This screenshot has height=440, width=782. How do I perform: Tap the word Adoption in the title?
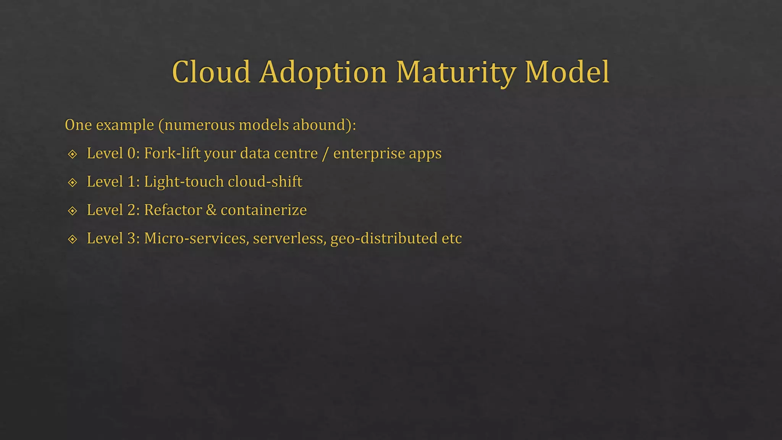pos(323,73)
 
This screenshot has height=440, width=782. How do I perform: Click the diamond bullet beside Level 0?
pos(73,154)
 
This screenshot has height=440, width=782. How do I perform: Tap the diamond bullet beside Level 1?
pos(73,183)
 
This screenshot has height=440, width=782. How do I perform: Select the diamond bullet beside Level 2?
pos(73,211)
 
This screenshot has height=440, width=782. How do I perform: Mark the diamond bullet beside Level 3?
pos(73,239)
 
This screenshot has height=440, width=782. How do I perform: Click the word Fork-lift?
pos(172,153)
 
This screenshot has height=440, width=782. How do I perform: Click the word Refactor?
pos(173,210)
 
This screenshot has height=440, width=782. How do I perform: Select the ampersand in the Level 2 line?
pos(211,210)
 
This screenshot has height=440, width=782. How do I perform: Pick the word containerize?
pos(264,210)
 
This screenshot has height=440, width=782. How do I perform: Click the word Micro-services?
pos(196,238)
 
